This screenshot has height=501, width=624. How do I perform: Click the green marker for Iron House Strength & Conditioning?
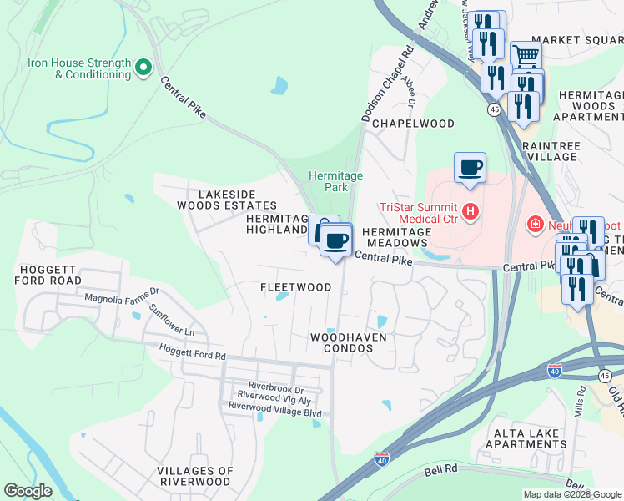[x=143, y=67]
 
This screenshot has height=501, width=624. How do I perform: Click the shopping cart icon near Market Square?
[x=526, y=57]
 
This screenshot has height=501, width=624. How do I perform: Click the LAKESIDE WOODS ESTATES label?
[x=226, y=199]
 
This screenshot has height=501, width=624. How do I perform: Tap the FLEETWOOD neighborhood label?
[x=295, y=287]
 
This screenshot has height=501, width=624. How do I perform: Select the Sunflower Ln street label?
[x=171, y=320]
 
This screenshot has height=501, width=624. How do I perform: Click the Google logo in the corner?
[x=28, y=491]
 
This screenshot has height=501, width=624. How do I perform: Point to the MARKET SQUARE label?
[x=576, y=40]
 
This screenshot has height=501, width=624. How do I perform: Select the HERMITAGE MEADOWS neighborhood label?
[x=396, y=236]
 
